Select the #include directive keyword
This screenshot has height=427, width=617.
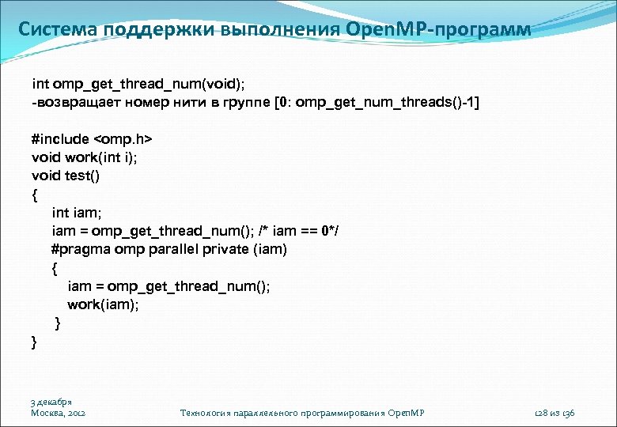[60, 140]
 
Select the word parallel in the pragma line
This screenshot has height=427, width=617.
[169, 249]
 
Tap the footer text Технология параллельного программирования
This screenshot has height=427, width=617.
[282, 414]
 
